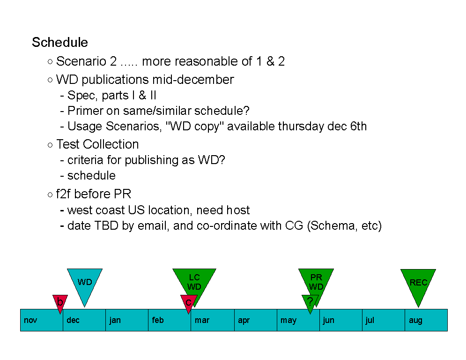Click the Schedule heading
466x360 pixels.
click(x=60, y=42)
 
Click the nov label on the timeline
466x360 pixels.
click(x=30, y=321)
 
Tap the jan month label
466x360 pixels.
click(x=115, y=320)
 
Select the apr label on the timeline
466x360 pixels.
click(x=244, y=321)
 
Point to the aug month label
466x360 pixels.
click(x=415, y=321)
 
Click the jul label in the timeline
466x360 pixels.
click(x=370, y=320)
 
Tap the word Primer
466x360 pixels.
click(x=85, y=111)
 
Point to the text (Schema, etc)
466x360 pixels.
click(x=344, y=226)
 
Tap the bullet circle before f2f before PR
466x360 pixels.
click(x=50, y=195)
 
